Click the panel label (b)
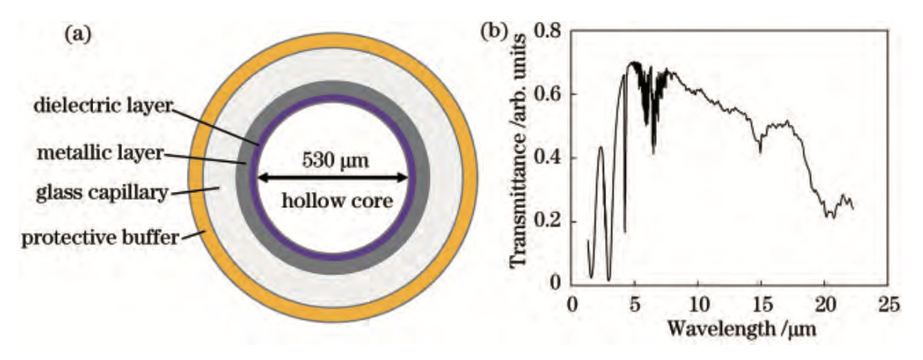pos(493,33)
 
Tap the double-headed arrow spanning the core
pos(334,177)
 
